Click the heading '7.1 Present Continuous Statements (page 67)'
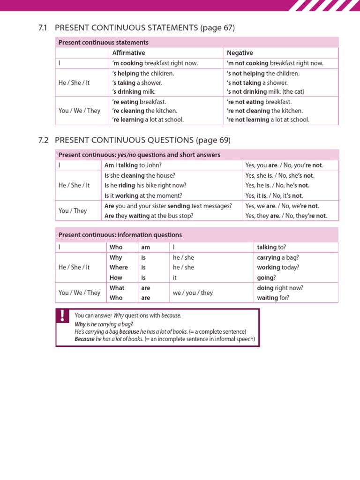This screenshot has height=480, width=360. pyautogui.click(x=136, y=28)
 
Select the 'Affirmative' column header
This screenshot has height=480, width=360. pyautogui.click(x=128, y=53)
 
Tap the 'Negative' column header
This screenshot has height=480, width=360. pyautogui.click(x=240, y=53)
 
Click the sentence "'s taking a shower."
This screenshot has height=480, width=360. pyautogui.click(x=140, y=82)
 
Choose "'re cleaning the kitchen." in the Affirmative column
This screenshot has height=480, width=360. pyautogui.click(x=144, y=111)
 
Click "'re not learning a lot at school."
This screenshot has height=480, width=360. pyautogui.click(x=268, y=120)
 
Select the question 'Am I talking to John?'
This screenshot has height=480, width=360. pyautogui.click(x=133, y=165)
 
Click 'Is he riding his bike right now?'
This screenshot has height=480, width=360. pyautogui.click(x=145, y=185)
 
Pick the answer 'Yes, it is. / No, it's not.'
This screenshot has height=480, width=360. pyautogui.click(x=274, y=195)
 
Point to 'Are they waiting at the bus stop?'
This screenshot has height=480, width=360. pyautogui.click(x=149, y=216)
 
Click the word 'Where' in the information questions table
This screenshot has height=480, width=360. pyautogui.click(x=119, y=267)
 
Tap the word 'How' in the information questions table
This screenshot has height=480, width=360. pyautogui.click(x=116, y=277)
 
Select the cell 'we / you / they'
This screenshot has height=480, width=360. pyautogui.click(x=193, y=292)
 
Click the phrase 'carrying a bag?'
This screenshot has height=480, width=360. pyautogui.click(x=278, y=257)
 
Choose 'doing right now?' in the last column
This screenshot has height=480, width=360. pyautogui.click(x=280, y=288)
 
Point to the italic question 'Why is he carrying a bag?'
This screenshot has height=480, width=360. pyautogui.click(x=104, y=324)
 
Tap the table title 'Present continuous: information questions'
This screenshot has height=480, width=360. pyautogui.click(x=120, y=235)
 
